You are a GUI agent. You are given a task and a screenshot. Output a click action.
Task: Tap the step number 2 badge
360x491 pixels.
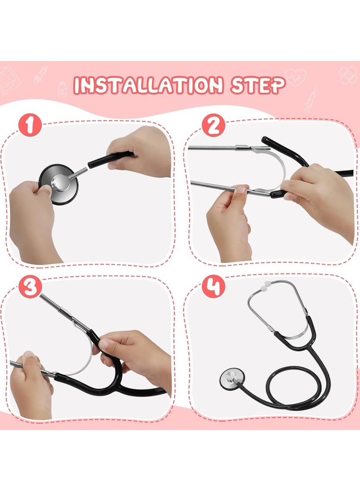(x=213, y=126)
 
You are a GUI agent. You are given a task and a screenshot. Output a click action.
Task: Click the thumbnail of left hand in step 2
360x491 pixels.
(x=241, y=190)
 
